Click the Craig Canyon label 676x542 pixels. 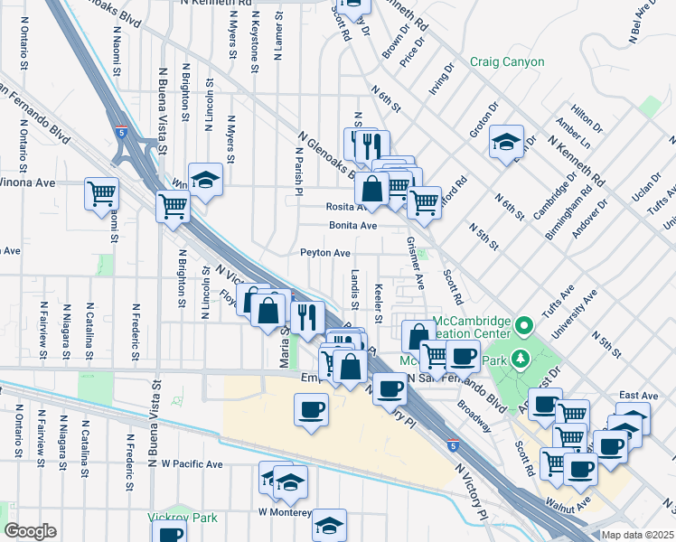[x=507, y=62]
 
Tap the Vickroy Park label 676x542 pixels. [x=177, y=519]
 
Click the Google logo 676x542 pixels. [x=29, y=531]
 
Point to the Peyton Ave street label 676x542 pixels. [x=325, y=254]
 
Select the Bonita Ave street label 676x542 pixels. [x=352, y=225]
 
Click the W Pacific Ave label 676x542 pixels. [x=192, y=464]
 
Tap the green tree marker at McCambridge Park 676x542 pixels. [x=521, y=360]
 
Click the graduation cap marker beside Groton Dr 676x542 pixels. [x=506, y=141]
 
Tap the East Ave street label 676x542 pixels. [x=638, y=396]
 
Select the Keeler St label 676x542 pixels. [x=378, y=304]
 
